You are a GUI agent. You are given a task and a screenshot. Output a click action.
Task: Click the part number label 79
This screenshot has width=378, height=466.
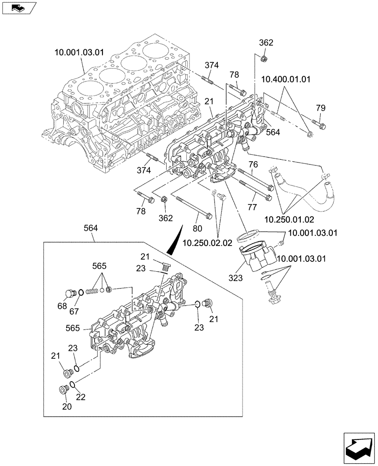pyautogui.click(x=320, y=108)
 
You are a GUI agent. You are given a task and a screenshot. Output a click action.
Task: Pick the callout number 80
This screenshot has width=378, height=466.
pyautogui.click(x=197, y=229)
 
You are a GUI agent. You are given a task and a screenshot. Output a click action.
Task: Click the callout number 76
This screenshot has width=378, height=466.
pyautogui.click(x=252, y=164)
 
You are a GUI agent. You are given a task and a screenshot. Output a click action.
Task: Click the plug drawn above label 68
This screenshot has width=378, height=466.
pyautogui.click(x=71, y=293)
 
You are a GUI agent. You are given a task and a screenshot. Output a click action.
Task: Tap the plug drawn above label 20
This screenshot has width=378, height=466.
pyautogui.click(x=63, y=389)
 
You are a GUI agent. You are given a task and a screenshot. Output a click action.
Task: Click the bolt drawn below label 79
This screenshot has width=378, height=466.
pyautogui.click(x=320, y=124)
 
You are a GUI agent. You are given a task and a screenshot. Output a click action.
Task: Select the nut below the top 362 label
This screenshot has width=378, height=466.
pyautogui.click(x=263, y=58)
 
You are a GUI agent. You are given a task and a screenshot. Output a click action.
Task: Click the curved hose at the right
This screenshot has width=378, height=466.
pyautogui.click(x=303, y=191)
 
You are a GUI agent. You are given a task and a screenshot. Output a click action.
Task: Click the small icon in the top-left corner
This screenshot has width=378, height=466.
pyautogui.click(x=18, y=7)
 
